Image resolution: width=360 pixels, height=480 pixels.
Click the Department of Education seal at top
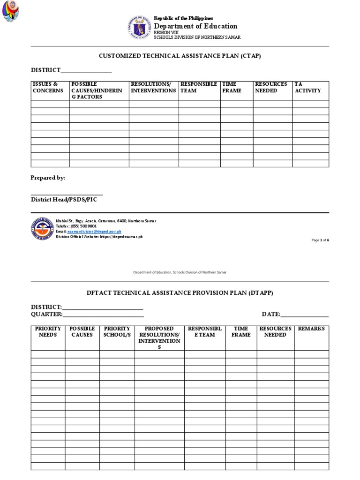click(x=139, y=27)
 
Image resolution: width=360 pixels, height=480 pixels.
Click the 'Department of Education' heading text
click(x=196, y=26)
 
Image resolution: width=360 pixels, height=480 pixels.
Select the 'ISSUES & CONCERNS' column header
click(x=48, y=88)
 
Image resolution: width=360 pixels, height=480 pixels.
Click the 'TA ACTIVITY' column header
click(x=307, y=88)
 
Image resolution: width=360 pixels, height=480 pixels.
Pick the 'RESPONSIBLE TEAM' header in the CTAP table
click(x=199, y=88)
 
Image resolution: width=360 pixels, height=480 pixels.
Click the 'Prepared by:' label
click(x=48, y=178)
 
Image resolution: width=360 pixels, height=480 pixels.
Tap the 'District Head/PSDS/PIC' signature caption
click(x=64, y=199)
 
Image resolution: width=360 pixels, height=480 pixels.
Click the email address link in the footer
click(x=94, y=232)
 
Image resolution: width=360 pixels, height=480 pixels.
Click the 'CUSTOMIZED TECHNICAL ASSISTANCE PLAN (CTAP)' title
click(x=180, y=56)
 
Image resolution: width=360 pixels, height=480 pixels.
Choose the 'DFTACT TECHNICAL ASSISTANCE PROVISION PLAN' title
click(x=180, y=293)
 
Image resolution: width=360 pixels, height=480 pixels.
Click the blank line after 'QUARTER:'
click(x=103, y=315)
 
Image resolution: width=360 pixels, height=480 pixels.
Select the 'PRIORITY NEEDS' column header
click(x=48, y=332)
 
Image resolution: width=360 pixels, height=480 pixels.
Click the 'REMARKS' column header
click(x=311, y=329)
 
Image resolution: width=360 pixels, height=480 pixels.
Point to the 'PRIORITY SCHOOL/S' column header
click(x=117, y=332)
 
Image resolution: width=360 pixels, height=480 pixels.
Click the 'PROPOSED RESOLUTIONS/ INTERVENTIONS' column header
click(x=159, y=337)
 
